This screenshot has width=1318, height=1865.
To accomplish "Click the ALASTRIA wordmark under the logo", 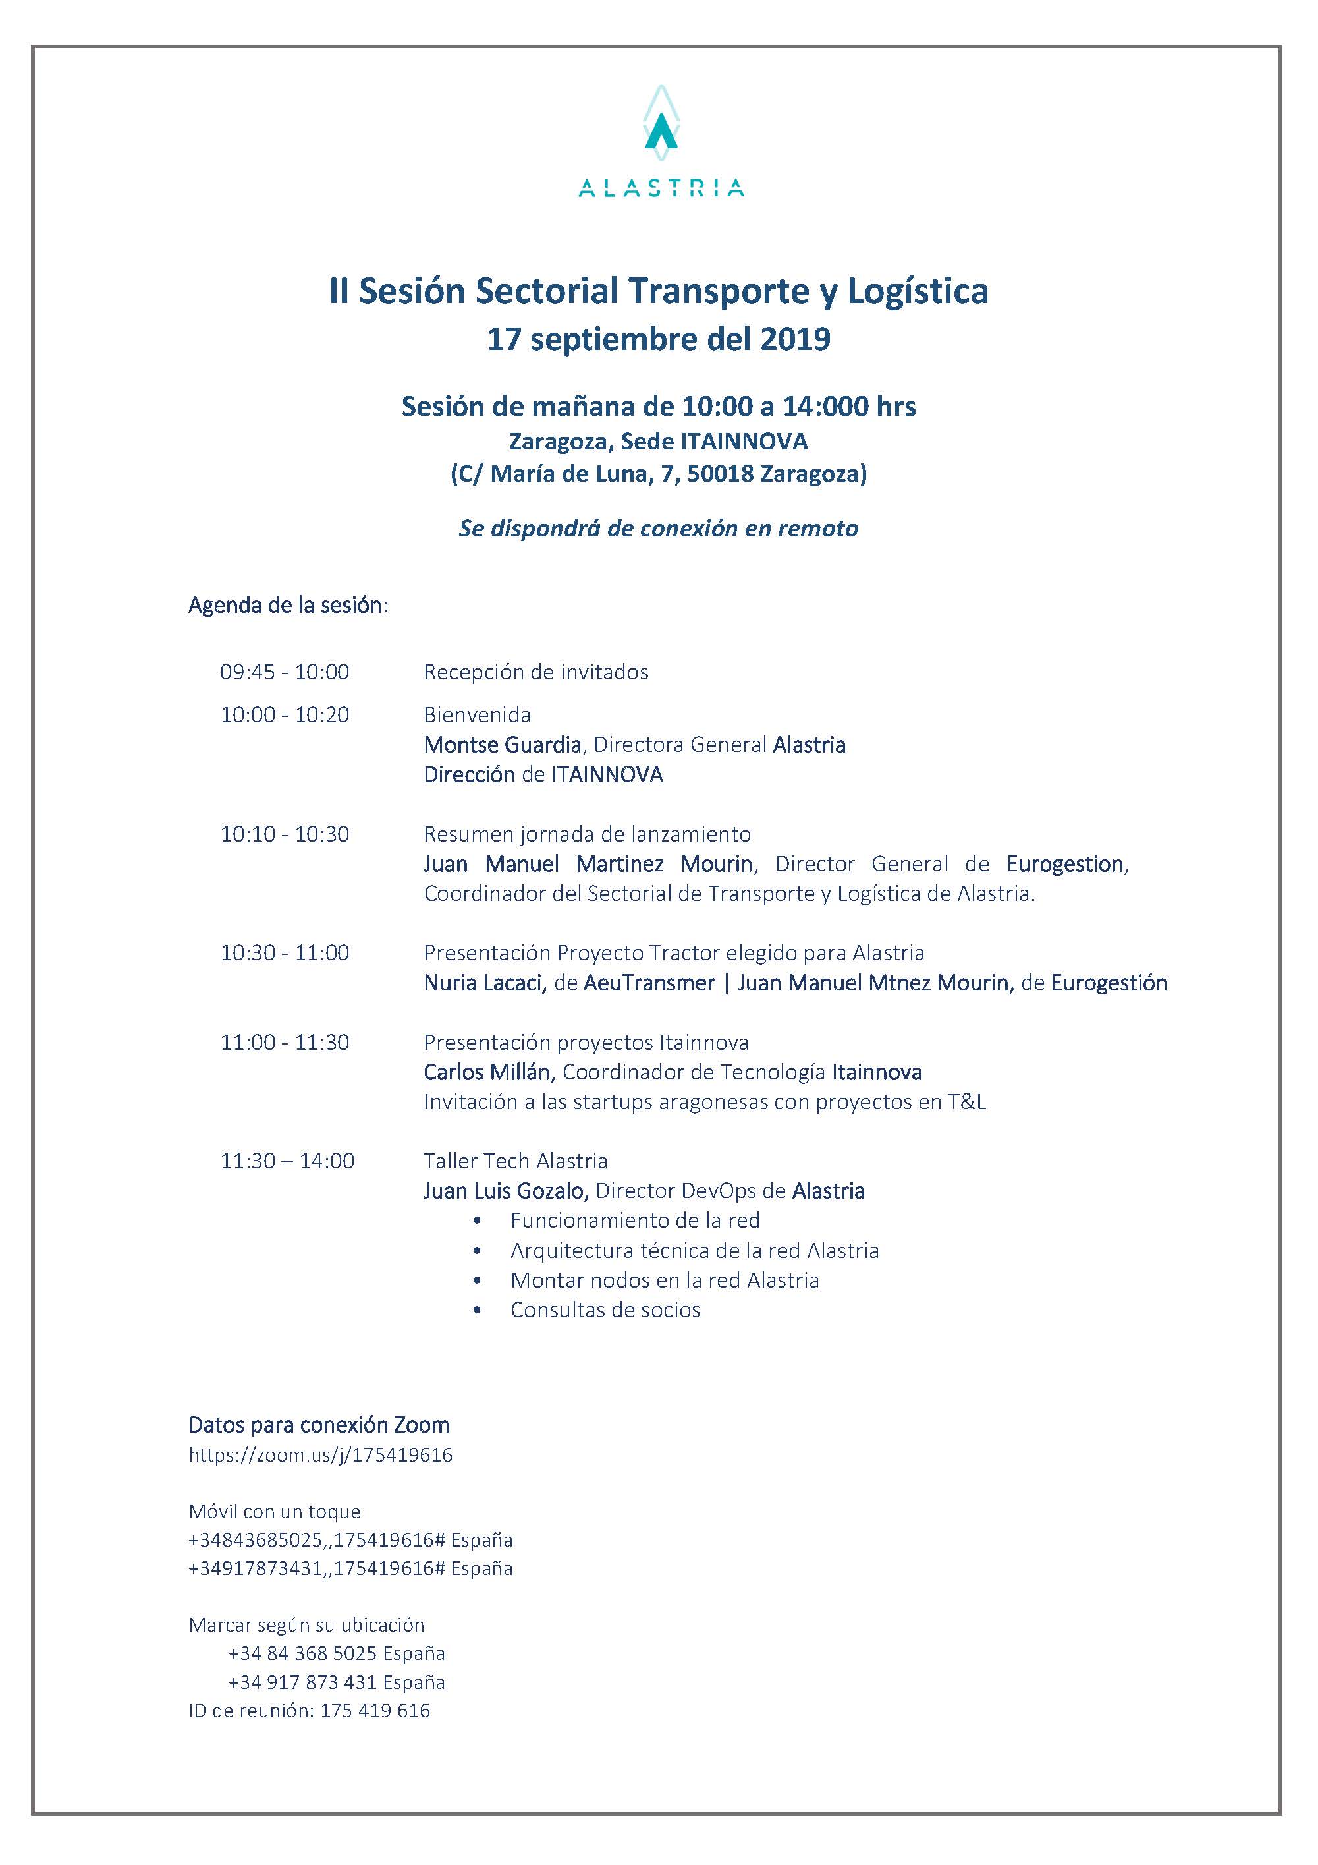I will [661, 188].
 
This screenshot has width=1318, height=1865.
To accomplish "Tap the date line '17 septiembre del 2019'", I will [659, 339].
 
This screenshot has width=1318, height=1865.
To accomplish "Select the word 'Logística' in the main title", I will [918, 291].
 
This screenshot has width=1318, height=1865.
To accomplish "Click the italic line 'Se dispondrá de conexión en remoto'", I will [659, 529].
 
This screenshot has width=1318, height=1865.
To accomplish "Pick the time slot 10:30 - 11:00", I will [285, 953].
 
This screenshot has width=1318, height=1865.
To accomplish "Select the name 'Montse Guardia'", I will [503, 745].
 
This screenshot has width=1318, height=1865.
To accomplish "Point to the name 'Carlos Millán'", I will [487, 1072].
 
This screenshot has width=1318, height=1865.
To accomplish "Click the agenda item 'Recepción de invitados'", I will [536, 673].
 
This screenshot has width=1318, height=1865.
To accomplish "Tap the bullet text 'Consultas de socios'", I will [605, 1309].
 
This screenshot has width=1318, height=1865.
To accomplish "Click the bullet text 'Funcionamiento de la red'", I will [635, 1220].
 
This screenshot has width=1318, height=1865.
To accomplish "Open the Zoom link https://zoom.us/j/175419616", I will [321, 1455].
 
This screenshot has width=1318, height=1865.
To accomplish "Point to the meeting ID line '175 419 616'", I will [375, 1710].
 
